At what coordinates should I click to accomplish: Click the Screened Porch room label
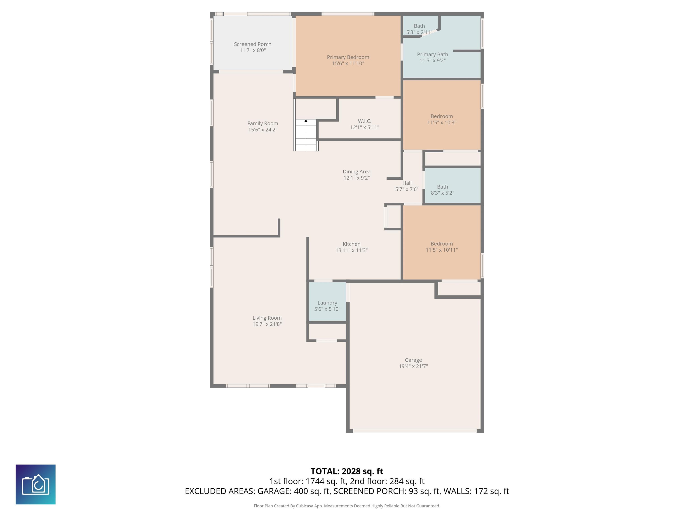tap(253, 44)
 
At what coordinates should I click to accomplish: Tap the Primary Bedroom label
tap(348, 57)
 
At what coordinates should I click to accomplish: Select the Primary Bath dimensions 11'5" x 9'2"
tap(432, 60)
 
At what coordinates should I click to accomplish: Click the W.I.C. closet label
tap(365, 121)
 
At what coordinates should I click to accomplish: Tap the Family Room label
tap(263, 123)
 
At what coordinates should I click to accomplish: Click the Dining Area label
tap(356, 172)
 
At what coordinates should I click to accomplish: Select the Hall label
tap(407, 183)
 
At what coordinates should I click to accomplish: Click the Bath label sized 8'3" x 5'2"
tap(442, 187)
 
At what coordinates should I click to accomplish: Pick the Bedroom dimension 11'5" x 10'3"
tap(442, 123)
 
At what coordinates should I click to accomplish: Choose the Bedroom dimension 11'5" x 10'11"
tap(442, 250)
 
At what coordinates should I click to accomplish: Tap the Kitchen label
tap(351, 244)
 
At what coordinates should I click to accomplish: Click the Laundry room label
tap(327, 303)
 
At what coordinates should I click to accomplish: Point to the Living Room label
tap(267, 318)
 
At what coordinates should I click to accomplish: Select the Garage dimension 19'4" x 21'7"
tap(413, 366)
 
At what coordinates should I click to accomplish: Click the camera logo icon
tap(35, 484)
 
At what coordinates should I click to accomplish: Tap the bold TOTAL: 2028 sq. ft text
tap(347, 471)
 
